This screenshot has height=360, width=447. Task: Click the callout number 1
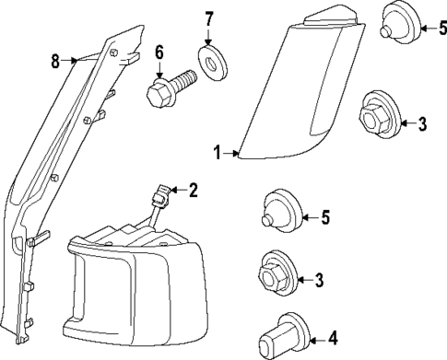[x=218, y=153]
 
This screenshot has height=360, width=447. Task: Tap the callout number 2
[x=193, y=191]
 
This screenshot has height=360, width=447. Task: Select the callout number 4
[x=333, y=338]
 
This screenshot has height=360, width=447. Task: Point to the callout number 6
[x=159, y=52]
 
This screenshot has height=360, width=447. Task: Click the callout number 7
[x=208, y=19]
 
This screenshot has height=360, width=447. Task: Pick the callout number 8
[x=55, y=61]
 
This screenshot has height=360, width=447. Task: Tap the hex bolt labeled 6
[x=171, y=89]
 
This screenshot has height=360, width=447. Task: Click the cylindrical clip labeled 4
[x=282, y=337]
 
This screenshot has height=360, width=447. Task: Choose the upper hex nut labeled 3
[x=380, y=116]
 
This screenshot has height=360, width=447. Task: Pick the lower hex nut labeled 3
[x=279, y=274]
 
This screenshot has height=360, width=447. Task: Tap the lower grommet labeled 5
[x=282, y=211]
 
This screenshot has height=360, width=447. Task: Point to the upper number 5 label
[x=442, y=29]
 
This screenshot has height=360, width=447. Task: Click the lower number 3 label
[x=319, y=280]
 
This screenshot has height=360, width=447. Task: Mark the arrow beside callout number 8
[x=69, y=61]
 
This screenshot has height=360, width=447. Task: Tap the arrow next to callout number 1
[x=231, y=153]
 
